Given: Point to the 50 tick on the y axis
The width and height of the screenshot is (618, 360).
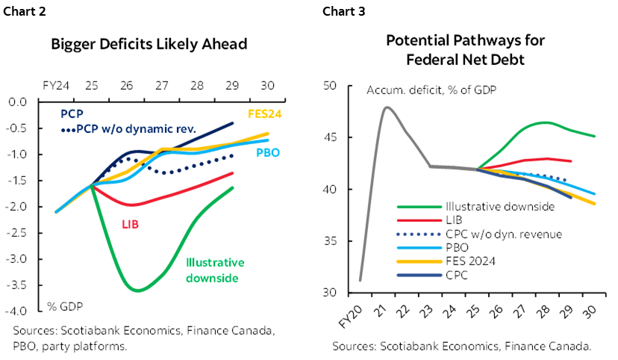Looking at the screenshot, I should point(331,86).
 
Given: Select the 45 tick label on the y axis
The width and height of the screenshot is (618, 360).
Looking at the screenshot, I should point(331,137).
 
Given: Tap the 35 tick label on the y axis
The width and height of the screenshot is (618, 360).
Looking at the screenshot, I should point(331,241).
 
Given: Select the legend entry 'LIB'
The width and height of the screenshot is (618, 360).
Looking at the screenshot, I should point(454,220).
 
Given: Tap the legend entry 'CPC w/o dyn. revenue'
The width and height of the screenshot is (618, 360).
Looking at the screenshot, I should point(503,234).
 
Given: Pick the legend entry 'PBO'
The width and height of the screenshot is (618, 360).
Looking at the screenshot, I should point(455,247).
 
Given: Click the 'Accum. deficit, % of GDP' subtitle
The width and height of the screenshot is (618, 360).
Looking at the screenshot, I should point(431,90).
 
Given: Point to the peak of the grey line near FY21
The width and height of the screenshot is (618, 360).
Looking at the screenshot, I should point(387,107).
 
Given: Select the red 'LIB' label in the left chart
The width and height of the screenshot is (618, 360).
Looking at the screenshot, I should point(131,223).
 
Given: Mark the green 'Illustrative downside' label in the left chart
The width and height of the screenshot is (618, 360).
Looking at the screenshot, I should point(215,270).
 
